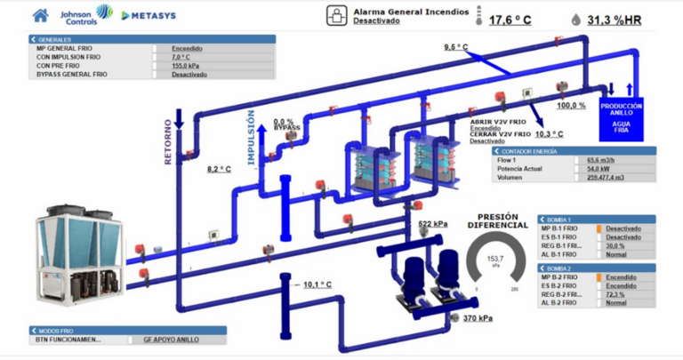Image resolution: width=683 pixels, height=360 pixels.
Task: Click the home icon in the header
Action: point(40,15)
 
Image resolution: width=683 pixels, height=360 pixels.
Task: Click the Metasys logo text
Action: point(148,16)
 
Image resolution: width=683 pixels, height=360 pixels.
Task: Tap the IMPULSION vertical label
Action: point(251,134)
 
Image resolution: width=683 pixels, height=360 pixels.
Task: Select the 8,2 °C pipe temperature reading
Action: point(219,168)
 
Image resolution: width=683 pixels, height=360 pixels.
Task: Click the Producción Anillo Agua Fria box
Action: point(621,117)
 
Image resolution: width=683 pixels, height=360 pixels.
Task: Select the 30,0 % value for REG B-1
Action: point(623,246)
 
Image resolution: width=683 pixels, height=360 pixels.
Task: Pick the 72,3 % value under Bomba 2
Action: point(623,294)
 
